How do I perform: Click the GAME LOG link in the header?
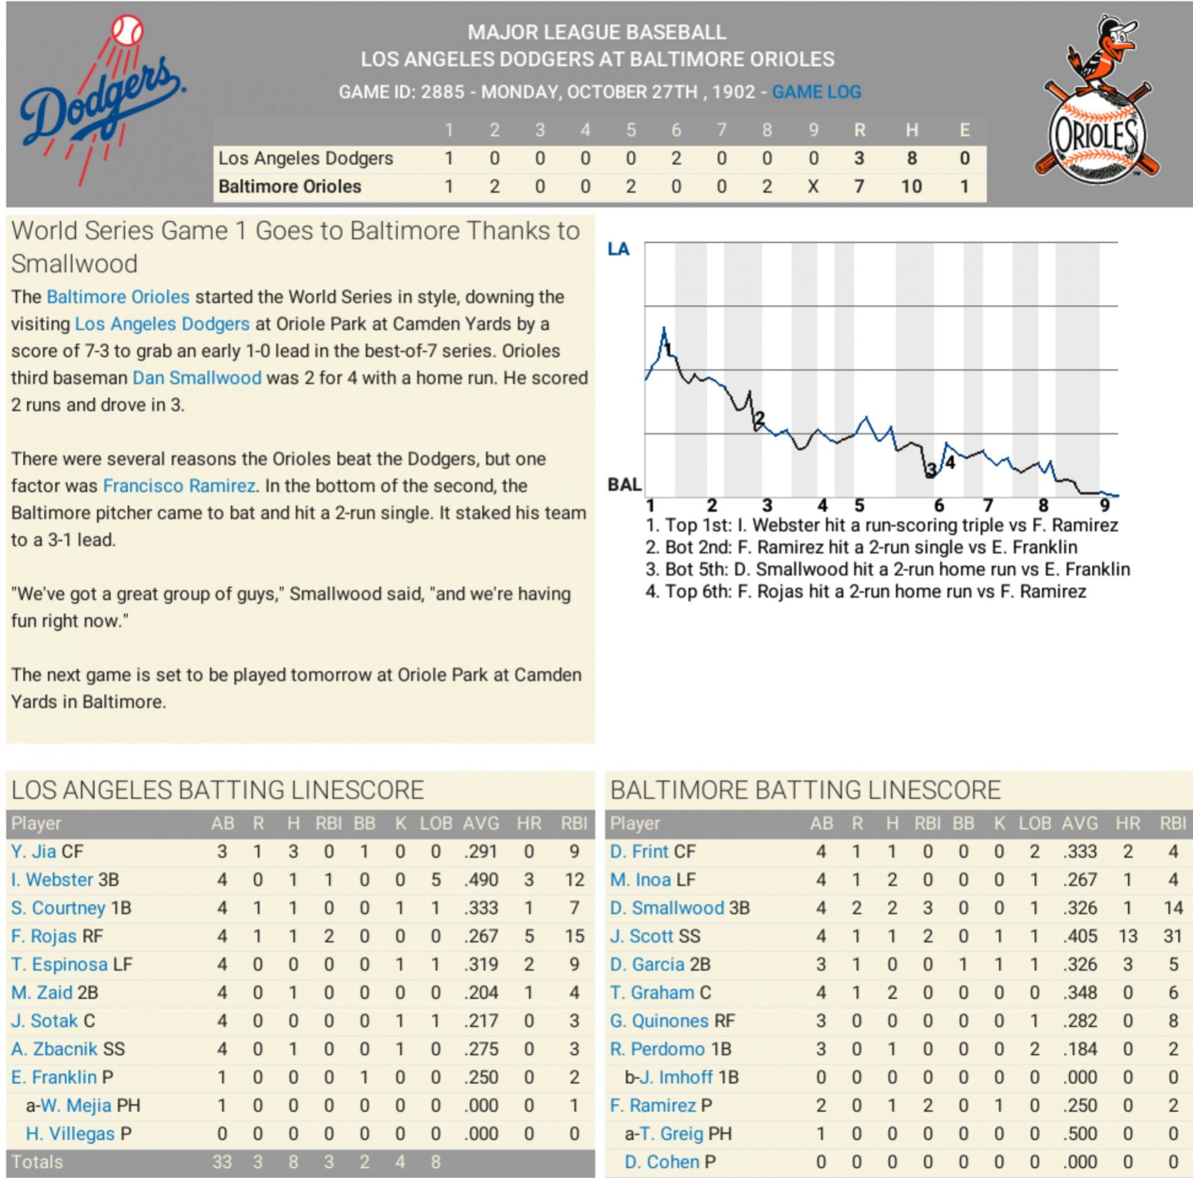816,92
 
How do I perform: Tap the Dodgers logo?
102,99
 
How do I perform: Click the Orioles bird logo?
1097,102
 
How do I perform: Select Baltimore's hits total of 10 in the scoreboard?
911,187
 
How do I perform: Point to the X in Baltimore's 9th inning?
813,187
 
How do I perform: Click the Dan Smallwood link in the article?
197,378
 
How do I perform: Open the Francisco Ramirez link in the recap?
179,486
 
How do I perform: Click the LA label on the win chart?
618,249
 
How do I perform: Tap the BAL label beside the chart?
624,485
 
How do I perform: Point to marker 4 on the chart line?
950,462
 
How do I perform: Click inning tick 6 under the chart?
939,506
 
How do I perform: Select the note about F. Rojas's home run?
865,592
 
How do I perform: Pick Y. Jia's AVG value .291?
480,851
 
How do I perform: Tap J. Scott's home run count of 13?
1127,936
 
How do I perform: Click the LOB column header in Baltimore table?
1035,823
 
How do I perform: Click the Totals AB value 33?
222,1162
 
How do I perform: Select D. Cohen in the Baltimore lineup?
661,1162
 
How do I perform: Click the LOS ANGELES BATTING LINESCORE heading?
218,790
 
